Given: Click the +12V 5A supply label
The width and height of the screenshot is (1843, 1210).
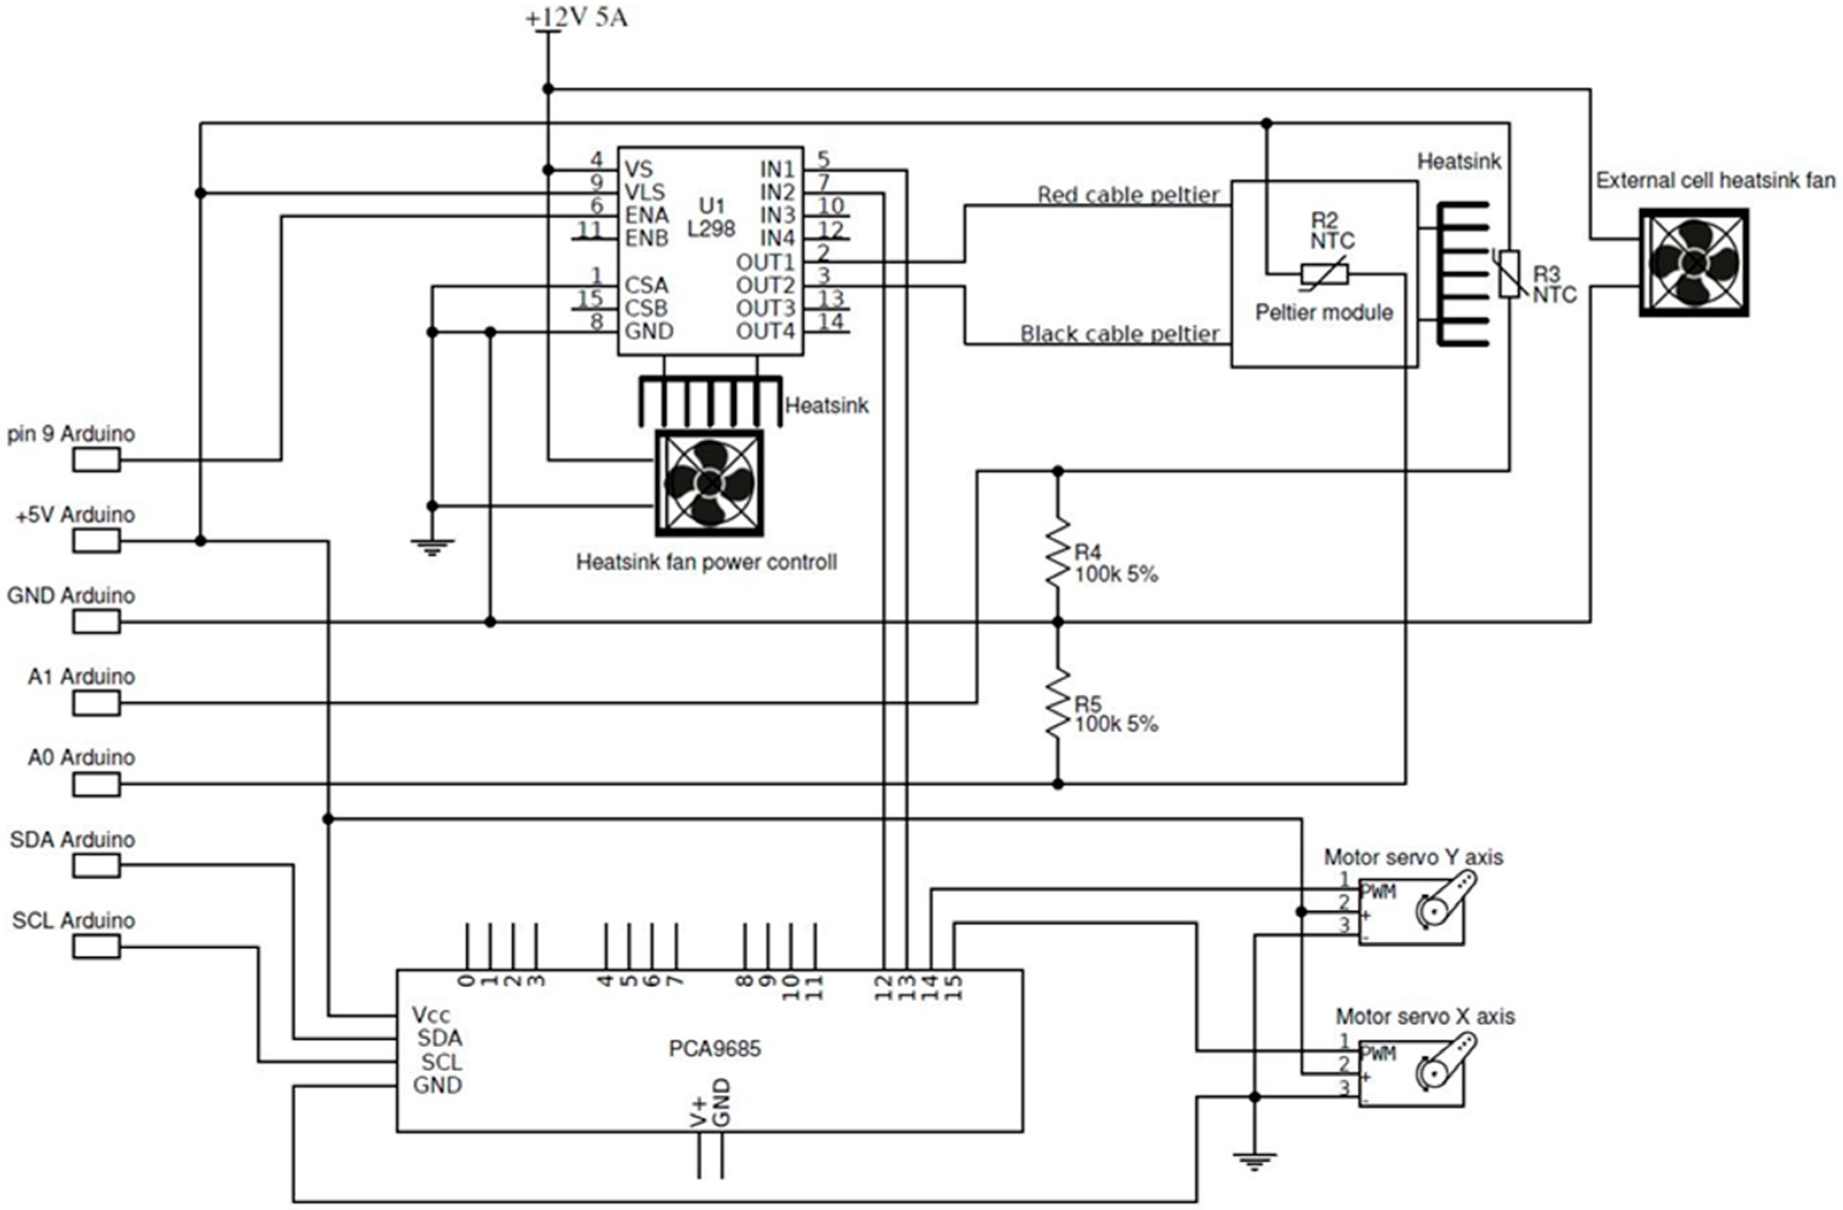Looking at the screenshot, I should (x=577, y=17).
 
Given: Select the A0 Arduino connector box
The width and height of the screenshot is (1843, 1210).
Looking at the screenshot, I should (x=97, y=784).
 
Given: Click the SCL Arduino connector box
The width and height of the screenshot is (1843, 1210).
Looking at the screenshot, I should (x=97, y=947).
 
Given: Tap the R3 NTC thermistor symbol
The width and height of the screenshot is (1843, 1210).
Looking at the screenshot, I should (x=1508, y=274).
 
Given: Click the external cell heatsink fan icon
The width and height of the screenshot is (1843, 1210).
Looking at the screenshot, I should (x=1694, y=263).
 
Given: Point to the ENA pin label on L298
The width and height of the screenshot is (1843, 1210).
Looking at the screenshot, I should (x=647, y=215).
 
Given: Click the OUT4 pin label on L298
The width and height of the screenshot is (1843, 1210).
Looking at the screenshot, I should (x=765, y=332).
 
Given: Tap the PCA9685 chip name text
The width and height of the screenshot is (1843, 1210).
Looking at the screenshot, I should (x=715, y=1049).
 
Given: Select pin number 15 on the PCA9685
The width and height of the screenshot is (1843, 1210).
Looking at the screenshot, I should (x=954, y=987).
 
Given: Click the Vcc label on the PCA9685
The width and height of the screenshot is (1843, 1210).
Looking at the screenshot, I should (x=431, y=1015).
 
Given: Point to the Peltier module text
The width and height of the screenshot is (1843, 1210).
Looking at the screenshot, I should (x=1323, y=313).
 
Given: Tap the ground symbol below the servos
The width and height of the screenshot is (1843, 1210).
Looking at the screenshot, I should (x=1254, y=1161).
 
